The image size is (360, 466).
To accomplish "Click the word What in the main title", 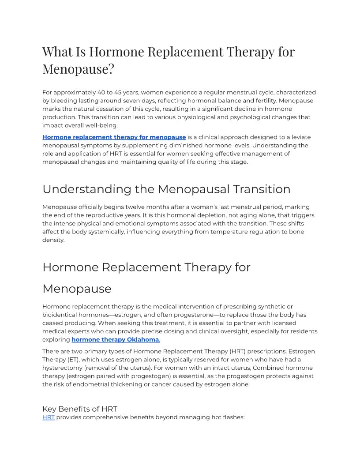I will coord(59,52).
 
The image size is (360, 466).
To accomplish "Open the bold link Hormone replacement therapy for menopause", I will coord(114,137).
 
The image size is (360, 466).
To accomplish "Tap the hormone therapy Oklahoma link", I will coord(115,340).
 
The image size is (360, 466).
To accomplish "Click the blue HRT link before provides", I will coord(49,417).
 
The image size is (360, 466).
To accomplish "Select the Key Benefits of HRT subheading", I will coord(79,409).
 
